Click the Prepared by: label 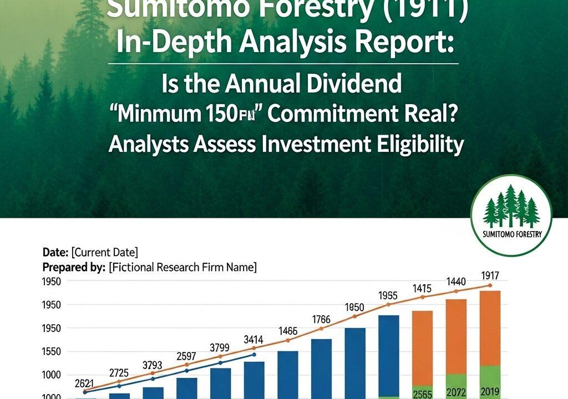tap(74, 267)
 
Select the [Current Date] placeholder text tap(105, 253)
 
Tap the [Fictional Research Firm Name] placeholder tap(182, 267)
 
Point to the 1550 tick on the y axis tap(54, 351)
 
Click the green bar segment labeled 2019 tap(490, 382)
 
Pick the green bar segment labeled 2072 tap(456, 386)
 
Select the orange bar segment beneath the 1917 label tap(490, 327)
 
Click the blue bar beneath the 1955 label tap(389, 355)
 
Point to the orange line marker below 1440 tap(456, 291)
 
